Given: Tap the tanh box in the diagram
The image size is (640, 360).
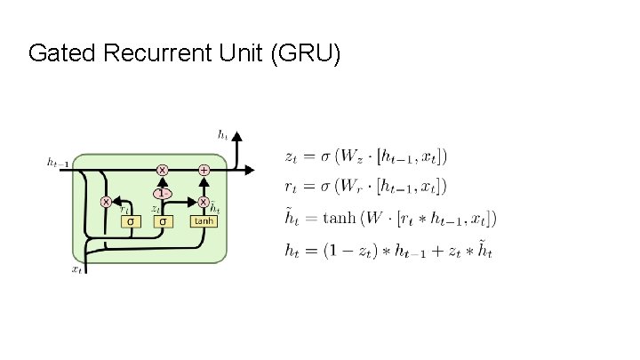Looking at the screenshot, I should coord(204,220).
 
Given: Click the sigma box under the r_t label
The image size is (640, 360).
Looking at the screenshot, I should coord(132,220).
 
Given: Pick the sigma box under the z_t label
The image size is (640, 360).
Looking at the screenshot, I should coord(163,220).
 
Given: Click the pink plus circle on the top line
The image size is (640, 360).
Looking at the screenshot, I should coord(204,169).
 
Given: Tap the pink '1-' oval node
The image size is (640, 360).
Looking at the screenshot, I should coord(163,192).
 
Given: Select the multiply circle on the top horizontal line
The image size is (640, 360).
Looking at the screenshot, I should coord(163,169).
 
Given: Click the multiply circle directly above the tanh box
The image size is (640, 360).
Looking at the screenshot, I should coord(204,202).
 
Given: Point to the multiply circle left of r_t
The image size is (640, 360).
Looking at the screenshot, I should coord(106,202).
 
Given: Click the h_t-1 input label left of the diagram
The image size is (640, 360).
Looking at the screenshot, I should coord(58,163).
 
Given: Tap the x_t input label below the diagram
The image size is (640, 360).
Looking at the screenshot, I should coord(77,267).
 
